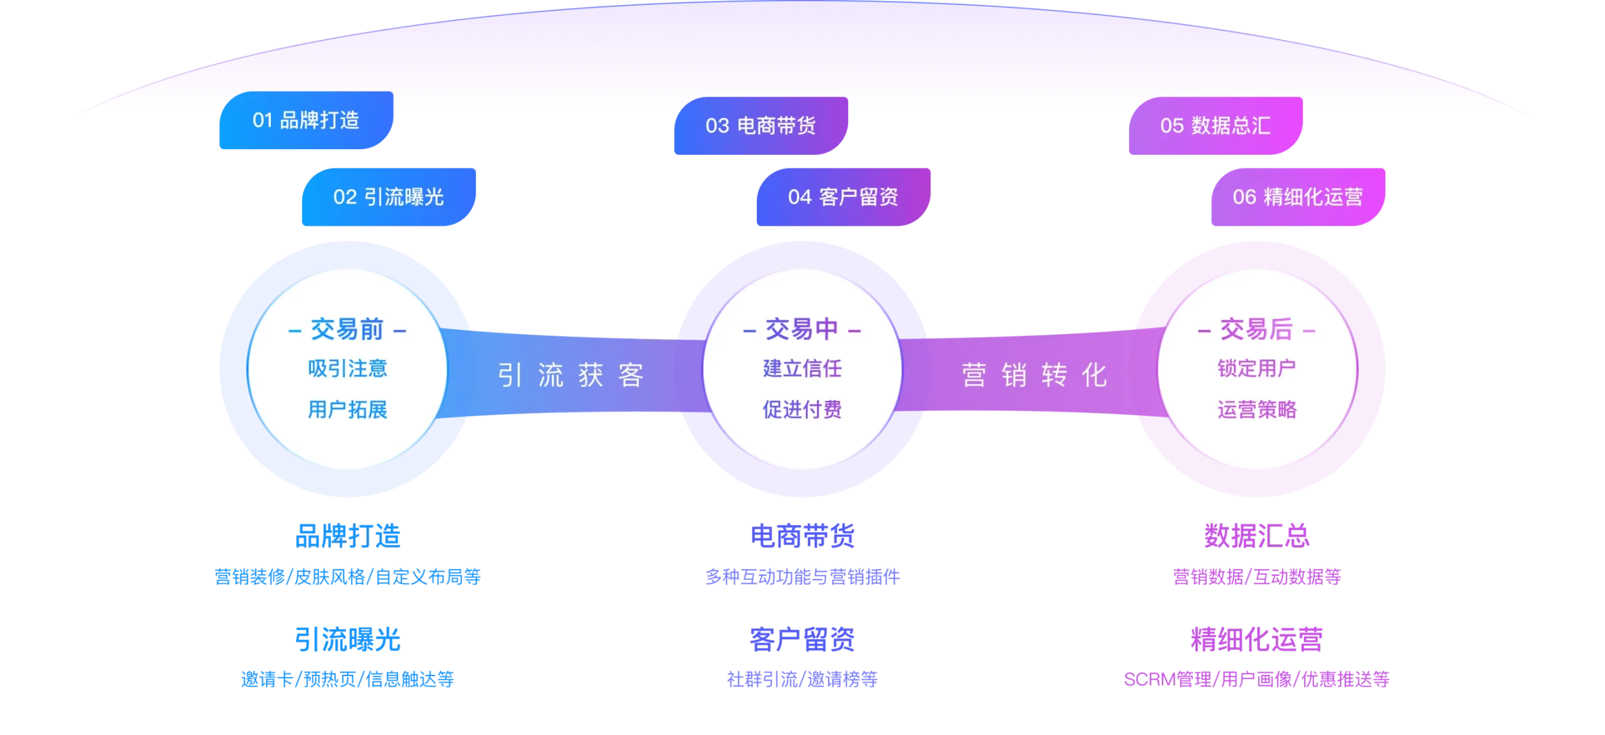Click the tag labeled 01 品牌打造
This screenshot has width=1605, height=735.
pyautogui.click(x=305, y=120)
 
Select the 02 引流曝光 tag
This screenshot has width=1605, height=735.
pyautogui.click(x=388, y=197)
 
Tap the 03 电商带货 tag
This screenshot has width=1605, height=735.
pyautogui.click(x=760, y=126)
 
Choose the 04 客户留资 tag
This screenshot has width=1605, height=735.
pyautogui.click(x=843, y=197)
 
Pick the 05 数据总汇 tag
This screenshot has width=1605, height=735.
pyautogui.click(x=1215, y=126)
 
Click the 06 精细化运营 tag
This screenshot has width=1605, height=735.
pyautogui.click(x=1297, y=197)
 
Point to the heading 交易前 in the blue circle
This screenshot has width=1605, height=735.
pyautogui.click(x=347, y=329)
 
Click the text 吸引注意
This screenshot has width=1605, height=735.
pyautogui.click(x=347, y=368)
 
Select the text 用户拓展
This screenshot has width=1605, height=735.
pyautogui.click(x=347, y=410)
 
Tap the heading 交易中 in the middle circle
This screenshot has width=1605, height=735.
pyautogui.click(x=802, y=329)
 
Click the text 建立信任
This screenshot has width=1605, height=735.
pyautogui.click(x=802, y=368)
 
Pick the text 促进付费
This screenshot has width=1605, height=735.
pyautogui.click(x=802, y=410)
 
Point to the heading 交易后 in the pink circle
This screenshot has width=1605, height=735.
pyautogui.click(x=1256, y=329)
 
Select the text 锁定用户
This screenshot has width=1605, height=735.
pyautogui.click(x=1256, y=368)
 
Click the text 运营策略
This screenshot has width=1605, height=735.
pyautogui.click(x=1256, y=410)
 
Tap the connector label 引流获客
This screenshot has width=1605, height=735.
pyautogui.click(x=571, y=376)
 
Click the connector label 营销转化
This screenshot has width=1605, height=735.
pyautogui.click(x=1034, y=376)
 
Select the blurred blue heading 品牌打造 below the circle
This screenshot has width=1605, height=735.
pyautogui.click(x=348, y=536)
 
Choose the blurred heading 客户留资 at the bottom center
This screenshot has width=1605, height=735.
pyautogui.click(x=802, y=640)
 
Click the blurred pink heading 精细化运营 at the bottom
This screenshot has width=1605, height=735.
pyautogui.click(x=1256, y=640)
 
